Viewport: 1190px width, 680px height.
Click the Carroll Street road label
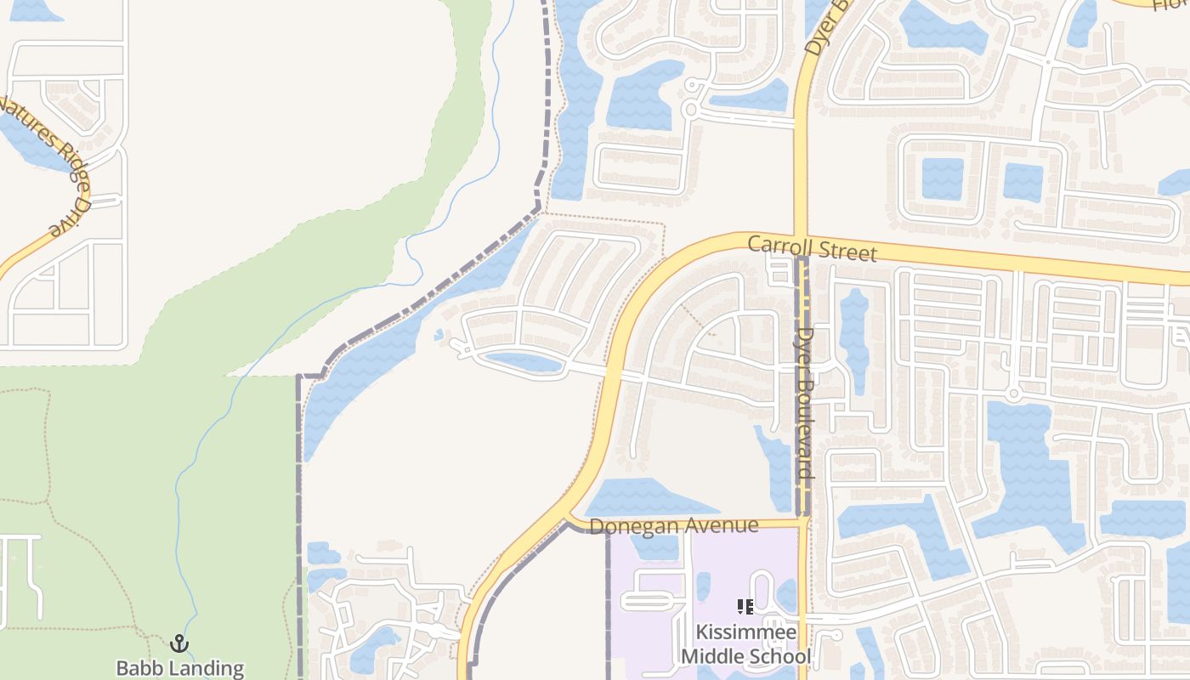(812, 249)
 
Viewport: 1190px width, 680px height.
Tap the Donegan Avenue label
(673, 526)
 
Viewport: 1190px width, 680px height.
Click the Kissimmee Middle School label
(746, 644)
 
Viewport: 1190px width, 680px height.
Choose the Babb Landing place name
(180, 668)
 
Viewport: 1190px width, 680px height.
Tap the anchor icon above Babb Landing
(179, 643)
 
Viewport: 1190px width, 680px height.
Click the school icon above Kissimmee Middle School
(745, 607)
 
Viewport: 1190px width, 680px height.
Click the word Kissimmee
(746, 632)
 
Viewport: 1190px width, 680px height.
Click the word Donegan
(629, 527)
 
